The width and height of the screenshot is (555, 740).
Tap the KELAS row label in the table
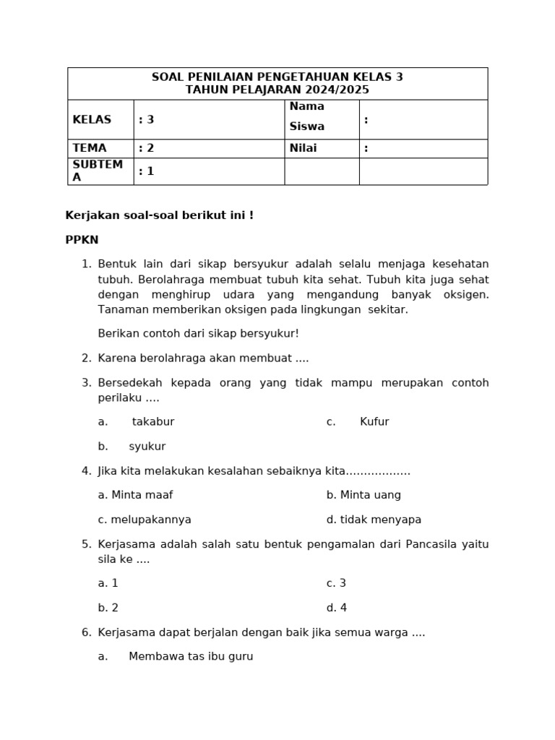pos(90,120)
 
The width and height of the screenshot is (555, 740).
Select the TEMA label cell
pos(90,148)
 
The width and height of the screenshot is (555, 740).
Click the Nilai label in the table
pos(304,148)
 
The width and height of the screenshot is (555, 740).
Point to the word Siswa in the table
pos(307,126)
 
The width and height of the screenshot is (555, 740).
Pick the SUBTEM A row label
pos(98,171)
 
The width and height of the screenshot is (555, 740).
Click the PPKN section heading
pos(82,240)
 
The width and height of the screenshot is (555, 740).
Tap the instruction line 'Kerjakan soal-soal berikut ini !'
pos(159,215)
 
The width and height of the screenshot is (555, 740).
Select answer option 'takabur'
pos(152,422)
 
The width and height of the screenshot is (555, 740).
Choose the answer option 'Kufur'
pos(374,422)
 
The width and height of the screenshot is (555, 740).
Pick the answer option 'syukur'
pos(147,447)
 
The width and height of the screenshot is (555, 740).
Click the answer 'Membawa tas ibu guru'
pos(191,657)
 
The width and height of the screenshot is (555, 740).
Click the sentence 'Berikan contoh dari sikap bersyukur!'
pos(198,334)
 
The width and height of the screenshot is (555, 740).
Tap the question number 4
pos(86,471)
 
